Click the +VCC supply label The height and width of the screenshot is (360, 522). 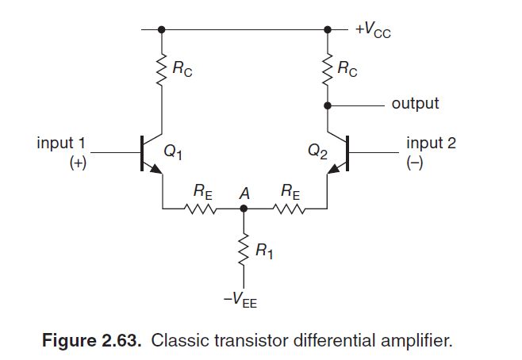[x=373, y=31]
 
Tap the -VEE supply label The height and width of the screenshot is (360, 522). [x=243, y=301]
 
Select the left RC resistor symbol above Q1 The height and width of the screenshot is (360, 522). [x=162, y=69]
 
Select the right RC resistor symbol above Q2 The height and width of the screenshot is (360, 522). [x=327, y=69]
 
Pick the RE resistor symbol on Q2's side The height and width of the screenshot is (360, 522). [x=289, y=209]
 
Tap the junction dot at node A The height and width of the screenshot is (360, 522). [x=244, y=209]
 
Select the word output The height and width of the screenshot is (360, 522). [x=415, y=104]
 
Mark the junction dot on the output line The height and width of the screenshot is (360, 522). [x=327, y=104]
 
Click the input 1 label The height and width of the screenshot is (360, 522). [x=60, y=144]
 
